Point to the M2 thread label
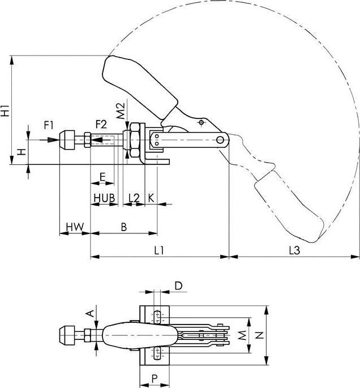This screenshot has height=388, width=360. (x=119, y=110)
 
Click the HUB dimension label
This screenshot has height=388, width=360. (x=104, y=197)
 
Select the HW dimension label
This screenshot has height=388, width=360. (x=74, y=227)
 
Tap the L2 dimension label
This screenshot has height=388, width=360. (x=134, y=197)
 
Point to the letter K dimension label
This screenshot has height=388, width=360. (x=151, y=197)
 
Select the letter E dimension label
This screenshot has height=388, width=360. (x=102, y=177)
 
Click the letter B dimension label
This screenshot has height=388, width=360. (x=124, y=227)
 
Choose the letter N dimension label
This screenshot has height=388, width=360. (x=259, y=335)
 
